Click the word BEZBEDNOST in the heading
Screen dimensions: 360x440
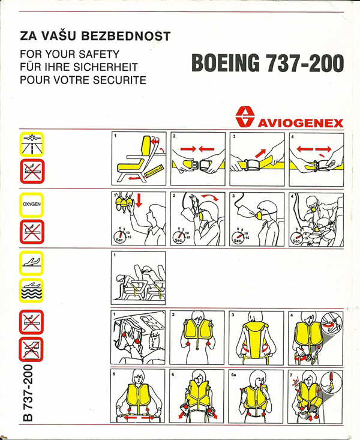pyautogui.click(x=125, y=36)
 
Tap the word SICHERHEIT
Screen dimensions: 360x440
pyautogui.click(x=106, y=67)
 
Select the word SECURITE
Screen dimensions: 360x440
pyautogui.click(x=119, y=80)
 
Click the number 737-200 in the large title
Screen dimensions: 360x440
pyautogui.click(x=304, y=62)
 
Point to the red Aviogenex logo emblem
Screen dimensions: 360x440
pyautogui.click(x=245, y=116)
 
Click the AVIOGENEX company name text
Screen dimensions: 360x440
pyautogui.click(x=300, y=123)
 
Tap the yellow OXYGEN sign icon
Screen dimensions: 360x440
pyautogui.click(x=31, y=205)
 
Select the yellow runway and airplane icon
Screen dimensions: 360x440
pyautogui.click(x=31, y=144)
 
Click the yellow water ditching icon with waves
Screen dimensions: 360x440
pyautogui.click(x=31, y=291)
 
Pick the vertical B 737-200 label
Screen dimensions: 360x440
pyautogui.click(x=28, y=393)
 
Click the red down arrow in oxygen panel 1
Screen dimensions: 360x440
pyautogui.click(x=139, y=200)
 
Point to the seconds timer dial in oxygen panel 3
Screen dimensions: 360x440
pyautogui.click(x=238, y=237)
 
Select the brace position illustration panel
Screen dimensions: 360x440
pyautogui.click(x=139, y=278)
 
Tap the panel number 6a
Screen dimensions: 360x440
pyautogui.click(x=234, y=375)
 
